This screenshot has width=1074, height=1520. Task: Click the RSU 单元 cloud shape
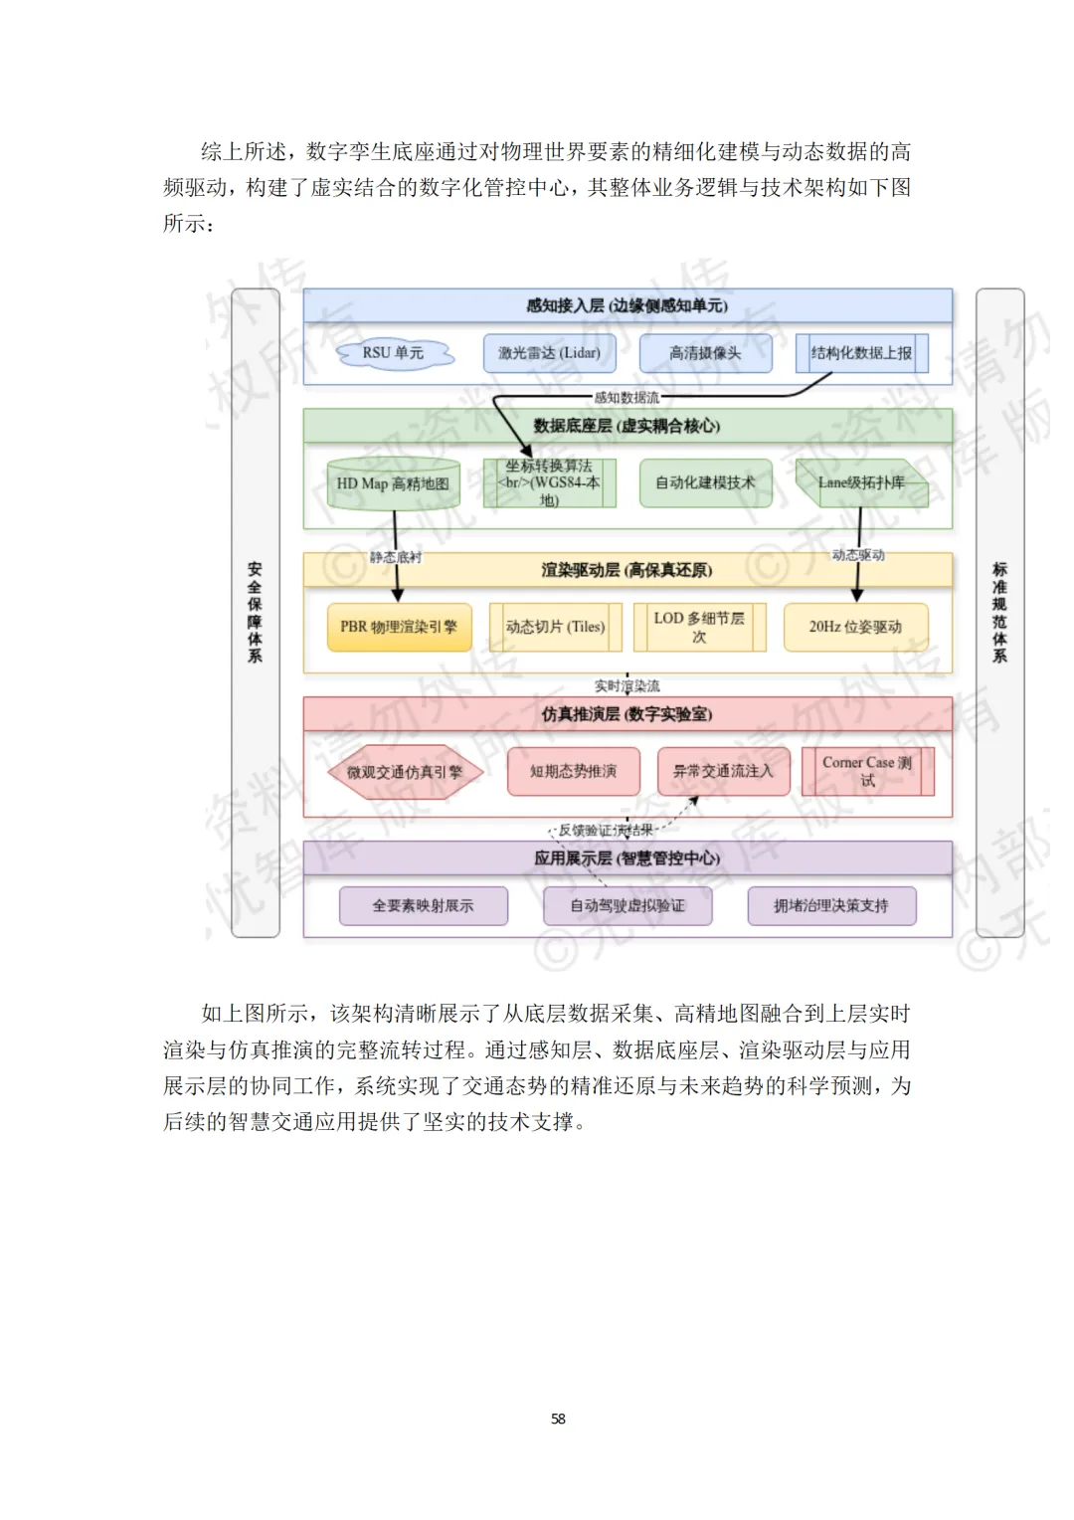click(394, 353)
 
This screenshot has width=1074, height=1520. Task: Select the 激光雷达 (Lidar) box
click(549, 353)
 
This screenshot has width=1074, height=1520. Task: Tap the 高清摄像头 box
click(705, 353)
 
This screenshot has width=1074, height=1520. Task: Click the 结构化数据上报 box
click(861, 353)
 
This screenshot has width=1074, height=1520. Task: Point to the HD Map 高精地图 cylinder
click(393, 483)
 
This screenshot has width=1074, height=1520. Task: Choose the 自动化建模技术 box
click(705, 483)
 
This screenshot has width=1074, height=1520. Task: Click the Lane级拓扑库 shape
click(861, 483)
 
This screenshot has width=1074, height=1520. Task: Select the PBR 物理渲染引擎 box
click(399, 627)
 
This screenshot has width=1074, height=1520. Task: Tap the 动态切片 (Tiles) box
click(555, 627)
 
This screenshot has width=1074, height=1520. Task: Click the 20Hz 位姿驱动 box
click(855, 627)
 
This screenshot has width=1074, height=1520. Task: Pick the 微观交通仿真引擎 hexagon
click(405, 772)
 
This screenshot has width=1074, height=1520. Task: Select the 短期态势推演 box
click(573, 772)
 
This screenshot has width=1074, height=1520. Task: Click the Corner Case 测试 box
click(867, 772)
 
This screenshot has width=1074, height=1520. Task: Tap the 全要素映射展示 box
click(424, 906)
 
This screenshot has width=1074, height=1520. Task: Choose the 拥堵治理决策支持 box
click(831, 906)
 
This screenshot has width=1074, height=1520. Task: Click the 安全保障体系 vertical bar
click(255, 613)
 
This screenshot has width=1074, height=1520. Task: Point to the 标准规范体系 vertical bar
click(999, 613)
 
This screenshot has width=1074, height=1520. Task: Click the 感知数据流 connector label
click(626, 398)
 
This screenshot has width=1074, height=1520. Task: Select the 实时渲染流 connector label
click(626, 686)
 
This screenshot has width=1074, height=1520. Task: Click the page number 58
click(558, 1419)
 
